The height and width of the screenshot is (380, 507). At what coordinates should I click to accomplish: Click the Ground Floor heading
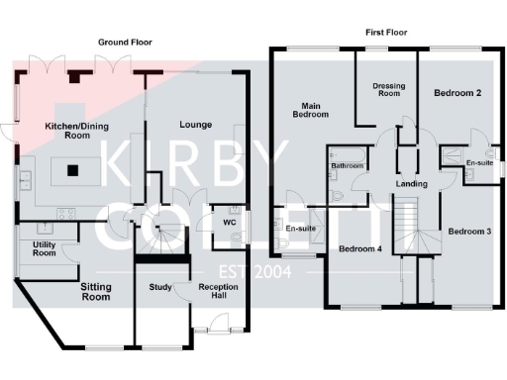coord(125,43)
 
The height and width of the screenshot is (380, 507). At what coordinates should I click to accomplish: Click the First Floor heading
coord(387,33)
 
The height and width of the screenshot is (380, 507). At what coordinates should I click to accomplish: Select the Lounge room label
coord(195,124)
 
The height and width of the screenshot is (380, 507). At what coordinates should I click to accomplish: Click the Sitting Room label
coord(95,291)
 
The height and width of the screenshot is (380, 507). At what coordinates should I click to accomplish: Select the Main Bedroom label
coord(310,109)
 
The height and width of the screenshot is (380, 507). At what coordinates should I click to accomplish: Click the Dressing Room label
coord(388,90)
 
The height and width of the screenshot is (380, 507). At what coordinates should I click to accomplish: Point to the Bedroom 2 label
coord(458,93)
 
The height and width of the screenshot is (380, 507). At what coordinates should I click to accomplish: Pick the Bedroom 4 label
coord(360,247)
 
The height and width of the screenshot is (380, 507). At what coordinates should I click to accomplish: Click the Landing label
coord(411,184)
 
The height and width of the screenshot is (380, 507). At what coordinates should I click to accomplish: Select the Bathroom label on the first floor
coord(348,165)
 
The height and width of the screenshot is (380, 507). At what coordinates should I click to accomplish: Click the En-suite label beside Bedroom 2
coord(479,163)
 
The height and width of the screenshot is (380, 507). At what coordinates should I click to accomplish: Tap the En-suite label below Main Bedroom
coord(300,229)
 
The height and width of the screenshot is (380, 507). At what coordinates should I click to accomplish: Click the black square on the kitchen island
coord(72,169)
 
